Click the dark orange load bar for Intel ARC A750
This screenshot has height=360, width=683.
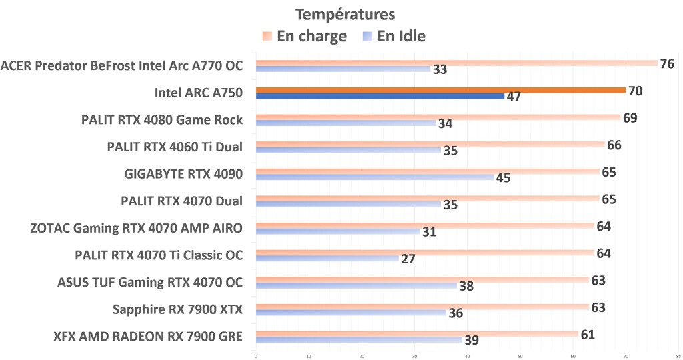tap(440, 90)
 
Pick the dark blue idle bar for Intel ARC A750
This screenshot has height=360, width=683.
tap(380, 96)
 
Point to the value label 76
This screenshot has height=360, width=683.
tap(666, 64)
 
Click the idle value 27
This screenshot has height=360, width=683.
tap(409, 259)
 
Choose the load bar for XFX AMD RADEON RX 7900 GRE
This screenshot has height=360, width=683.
tap(417, 333)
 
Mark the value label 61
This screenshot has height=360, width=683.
tap(587, 334)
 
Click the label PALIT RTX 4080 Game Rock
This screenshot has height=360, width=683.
tap(162, 120)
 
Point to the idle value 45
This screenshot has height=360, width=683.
tap(504, 178)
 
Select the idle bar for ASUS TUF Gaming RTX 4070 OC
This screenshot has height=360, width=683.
tap(356, 285)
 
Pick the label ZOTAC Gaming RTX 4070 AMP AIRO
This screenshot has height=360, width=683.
tap(136, 228)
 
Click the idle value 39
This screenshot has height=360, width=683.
tap(472, 341)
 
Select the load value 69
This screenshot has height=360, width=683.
tap(630, 118)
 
